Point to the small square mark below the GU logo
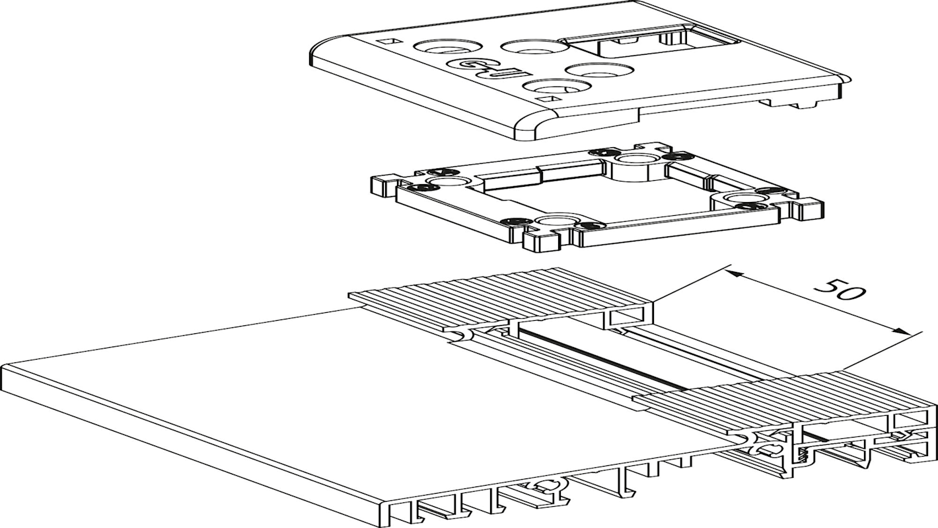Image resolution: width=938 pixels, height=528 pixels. [x=546, y=99]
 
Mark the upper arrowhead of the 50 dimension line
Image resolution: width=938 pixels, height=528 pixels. [x=735, y=271]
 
